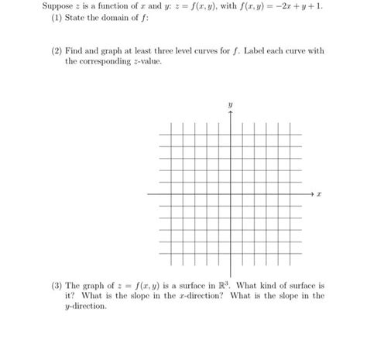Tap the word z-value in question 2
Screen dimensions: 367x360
point(146,60)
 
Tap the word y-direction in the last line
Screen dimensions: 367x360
point(84,307)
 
